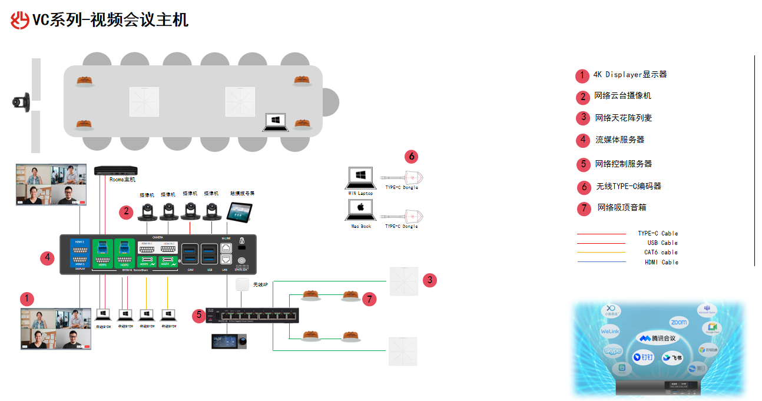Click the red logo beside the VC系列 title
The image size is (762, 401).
tap(20, 20)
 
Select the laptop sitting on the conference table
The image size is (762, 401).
tap(275, 122)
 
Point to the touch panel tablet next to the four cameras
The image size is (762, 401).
tap(239, 211)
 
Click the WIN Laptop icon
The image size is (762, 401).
tap(361, 177)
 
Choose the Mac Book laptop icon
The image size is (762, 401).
tap(361, 210)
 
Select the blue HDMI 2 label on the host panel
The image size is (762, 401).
tap(79, 242)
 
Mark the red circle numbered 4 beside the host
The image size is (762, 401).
tap(48, 257)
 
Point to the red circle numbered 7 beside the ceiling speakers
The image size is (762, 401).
tap(369, 299)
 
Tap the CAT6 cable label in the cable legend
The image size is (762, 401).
tap(661, 253)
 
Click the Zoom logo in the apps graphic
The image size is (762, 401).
tap(678, 323)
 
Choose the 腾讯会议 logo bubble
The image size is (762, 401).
tap(658, 339)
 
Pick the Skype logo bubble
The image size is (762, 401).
tap(612, 351)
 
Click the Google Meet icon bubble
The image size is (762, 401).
tap(712, 329)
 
